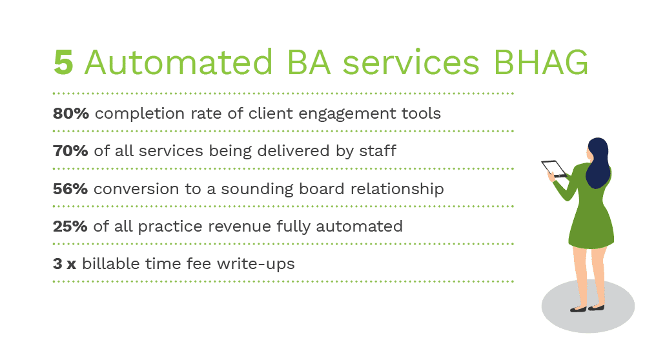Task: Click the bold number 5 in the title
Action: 64,63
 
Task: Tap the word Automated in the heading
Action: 179,63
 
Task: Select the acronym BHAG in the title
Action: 541,63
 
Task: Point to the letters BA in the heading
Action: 309,63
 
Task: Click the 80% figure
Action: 71,114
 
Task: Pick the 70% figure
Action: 70,151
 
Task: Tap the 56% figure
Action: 70,188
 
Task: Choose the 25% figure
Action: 70,226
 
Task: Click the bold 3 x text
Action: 65,264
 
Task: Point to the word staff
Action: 378,150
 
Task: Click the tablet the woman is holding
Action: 554,169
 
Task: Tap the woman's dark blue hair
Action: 598,163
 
